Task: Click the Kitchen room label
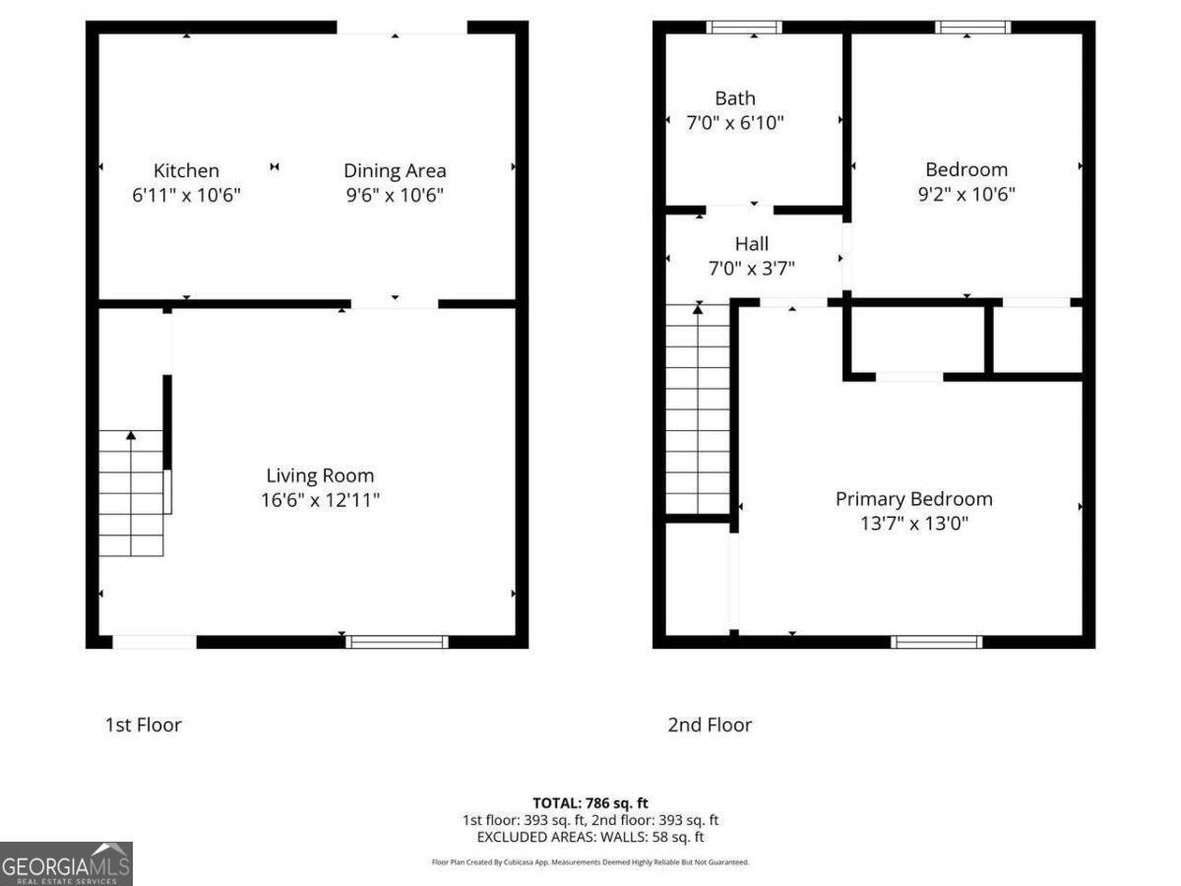[186, 170]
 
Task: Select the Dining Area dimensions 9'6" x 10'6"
[395, 195]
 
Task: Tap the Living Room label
[320, 475]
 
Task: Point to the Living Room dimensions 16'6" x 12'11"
[320, 500]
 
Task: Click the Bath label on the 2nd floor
[735, 97]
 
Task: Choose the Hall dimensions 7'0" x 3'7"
[752, 268]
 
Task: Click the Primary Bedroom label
[913, 499]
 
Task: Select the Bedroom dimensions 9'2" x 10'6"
[966, 194]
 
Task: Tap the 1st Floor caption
[144, 725]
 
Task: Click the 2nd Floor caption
[710, 725]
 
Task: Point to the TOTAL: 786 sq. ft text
[590, 802]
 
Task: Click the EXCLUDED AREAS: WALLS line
[590, 837]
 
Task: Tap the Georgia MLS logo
[66, 863]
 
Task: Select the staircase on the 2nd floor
[698, 409]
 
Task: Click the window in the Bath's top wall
[744, 28]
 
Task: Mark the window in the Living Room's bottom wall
[398, 642]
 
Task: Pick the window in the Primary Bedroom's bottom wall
[936, 642]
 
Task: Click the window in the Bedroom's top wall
[972, 28]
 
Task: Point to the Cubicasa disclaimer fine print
[590, 861]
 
